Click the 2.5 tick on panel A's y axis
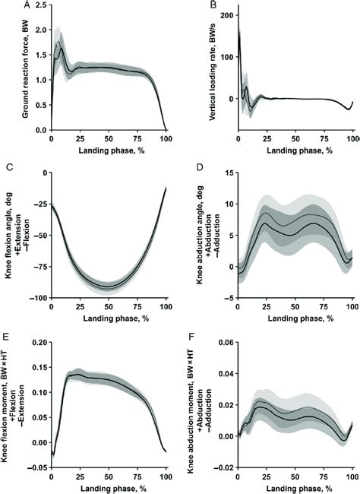tap(39, 7)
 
